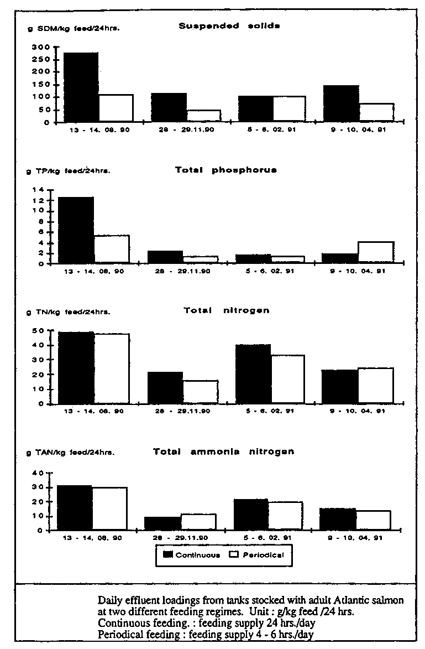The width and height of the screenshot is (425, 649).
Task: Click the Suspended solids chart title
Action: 229,26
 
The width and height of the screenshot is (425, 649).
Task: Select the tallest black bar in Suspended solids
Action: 81,86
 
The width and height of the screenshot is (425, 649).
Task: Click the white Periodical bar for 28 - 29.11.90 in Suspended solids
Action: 203,115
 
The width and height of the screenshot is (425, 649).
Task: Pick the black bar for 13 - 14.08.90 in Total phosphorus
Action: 76,230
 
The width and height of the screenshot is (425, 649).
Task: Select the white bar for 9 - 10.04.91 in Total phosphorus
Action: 376,252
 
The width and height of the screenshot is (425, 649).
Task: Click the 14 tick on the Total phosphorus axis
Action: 42,190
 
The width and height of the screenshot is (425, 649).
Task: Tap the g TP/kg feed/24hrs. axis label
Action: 68,171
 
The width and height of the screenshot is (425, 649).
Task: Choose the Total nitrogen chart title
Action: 227,311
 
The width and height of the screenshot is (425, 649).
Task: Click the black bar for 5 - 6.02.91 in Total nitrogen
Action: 253,373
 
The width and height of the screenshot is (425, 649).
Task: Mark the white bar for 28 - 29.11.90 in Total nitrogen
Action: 200,391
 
